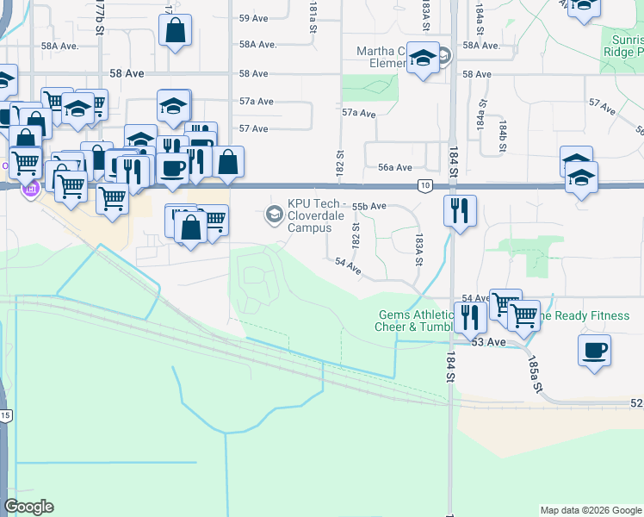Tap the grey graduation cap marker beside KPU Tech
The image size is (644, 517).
[275, 213]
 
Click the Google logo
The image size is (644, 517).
[28, 507]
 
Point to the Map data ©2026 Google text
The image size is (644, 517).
[590, 510]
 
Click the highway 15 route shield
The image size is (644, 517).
[5, 416]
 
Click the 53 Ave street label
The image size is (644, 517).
[487, 342]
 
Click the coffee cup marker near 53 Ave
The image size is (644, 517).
[595, 351]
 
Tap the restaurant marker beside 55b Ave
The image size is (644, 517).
[461, 209]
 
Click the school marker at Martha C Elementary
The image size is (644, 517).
[423, 59]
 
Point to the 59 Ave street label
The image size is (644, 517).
[255, 18]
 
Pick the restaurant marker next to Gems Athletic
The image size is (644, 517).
[469, 316]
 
